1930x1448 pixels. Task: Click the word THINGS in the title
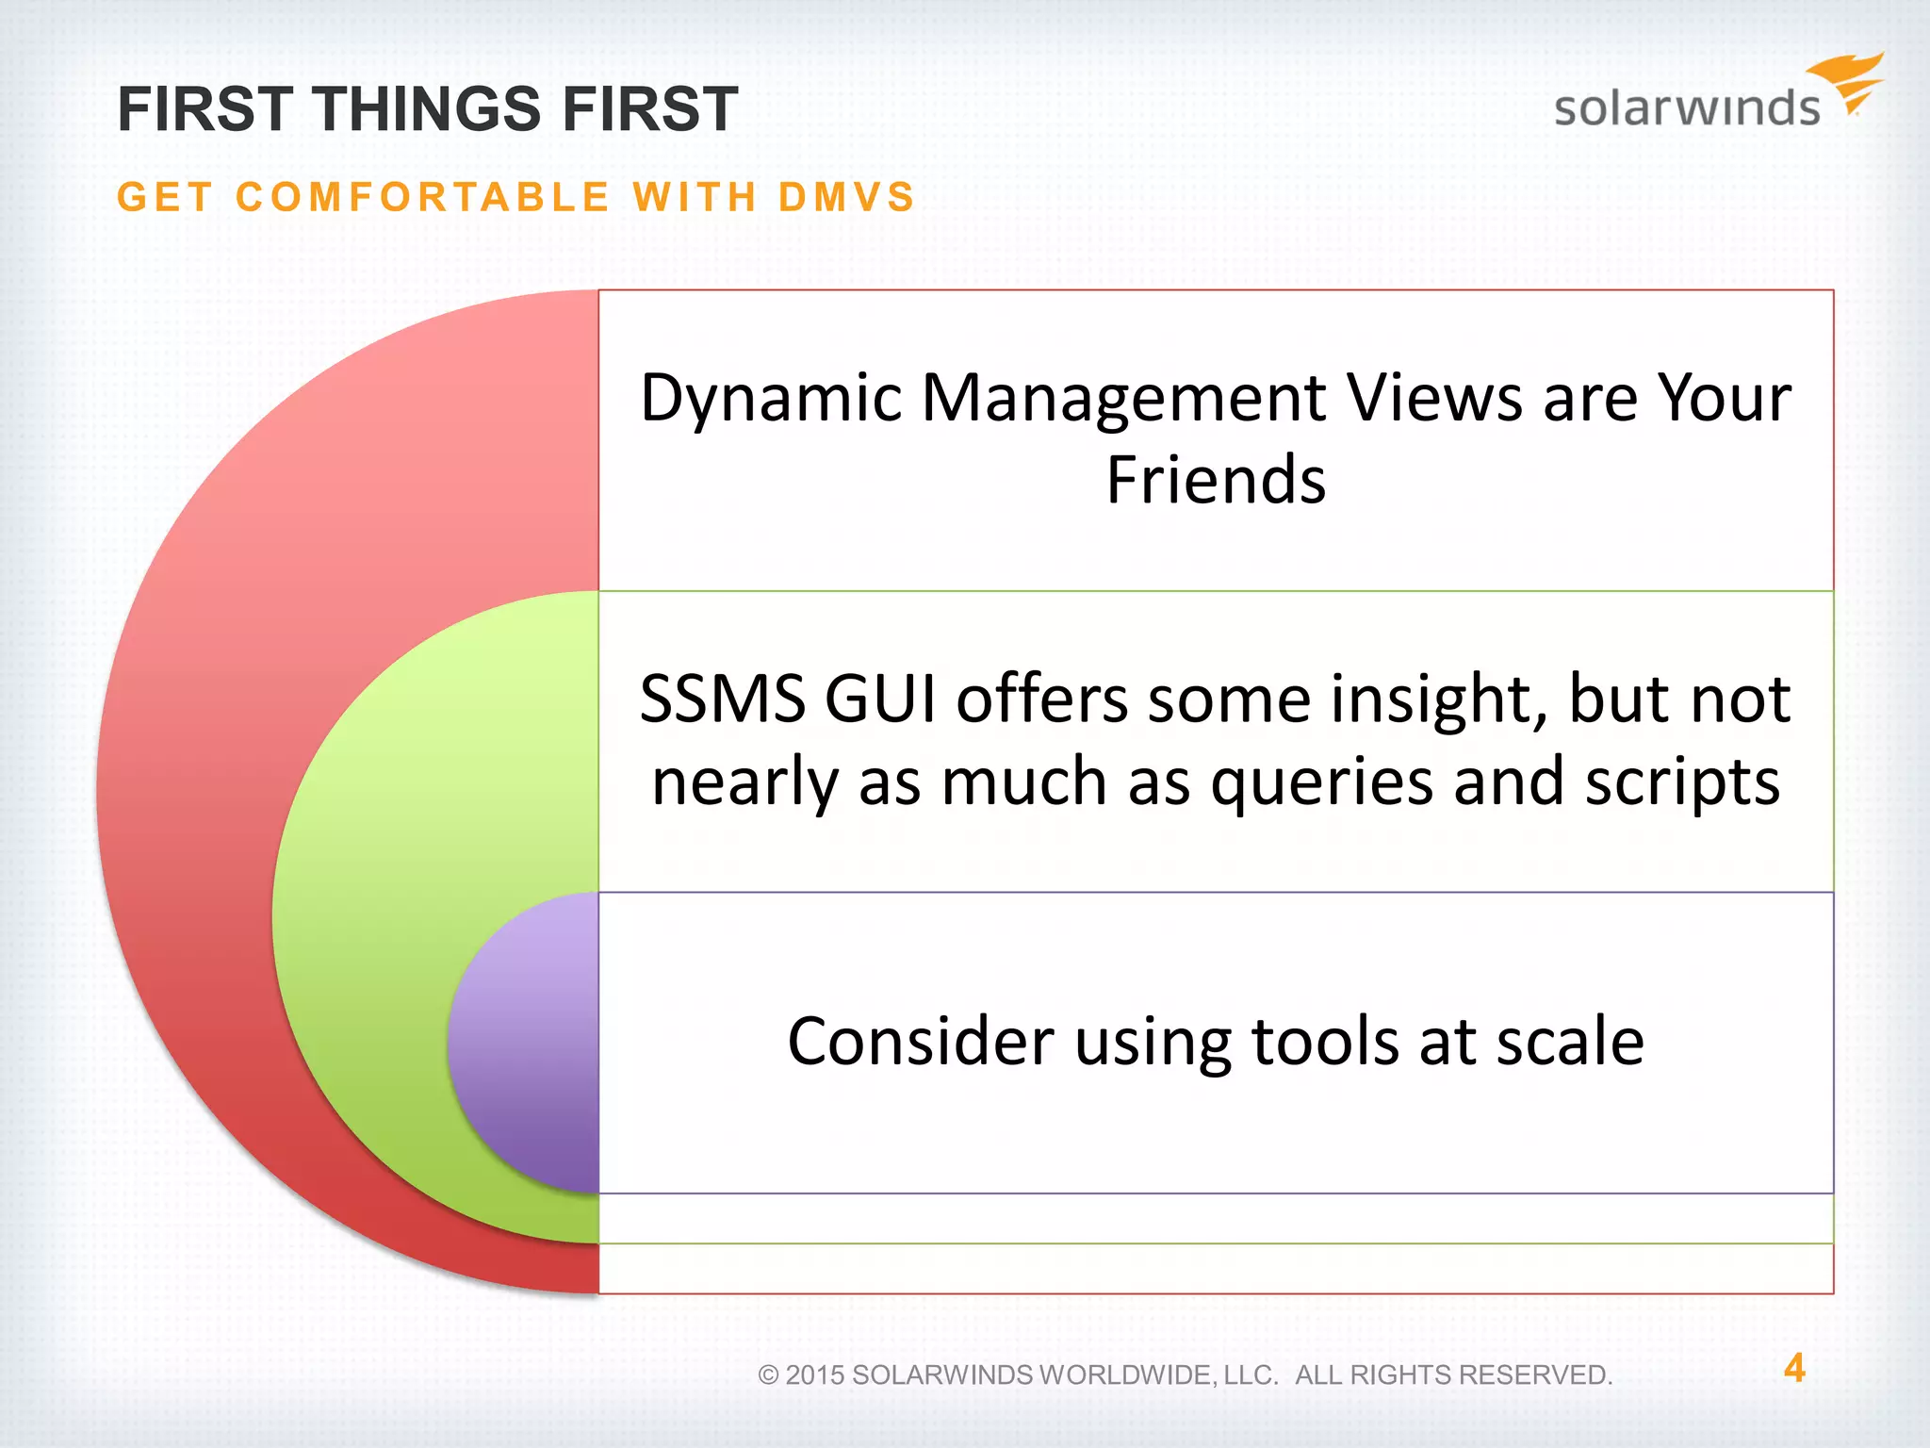[x=428, y=109]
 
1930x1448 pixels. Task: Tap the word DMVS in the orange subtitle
[x=846, y=198]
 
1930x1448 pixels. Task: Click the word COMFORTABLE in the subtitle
[x=423, y=198]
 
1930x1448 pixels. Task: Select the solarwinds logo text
[x=1686, y=107]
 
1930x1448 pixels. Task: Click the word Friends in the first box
[x=1216, y=481]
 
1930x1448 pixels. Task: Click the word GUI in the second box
[x=881, y=700]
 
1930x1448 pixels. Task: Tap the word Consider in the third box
[x=920, y=1043]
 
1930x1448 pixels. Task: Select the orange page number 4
[x=1794, y=1368]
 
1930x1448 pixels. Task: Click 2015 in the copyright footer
[x=814, y=1375]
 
